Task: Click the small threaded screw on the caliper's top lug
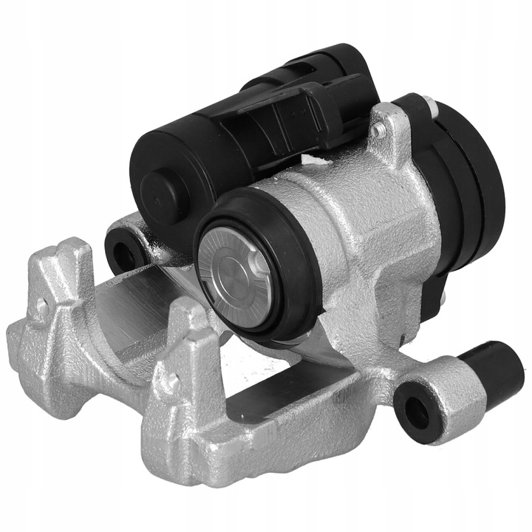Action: [378, 132]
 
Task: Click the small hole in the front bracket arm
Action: [171, 381]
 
